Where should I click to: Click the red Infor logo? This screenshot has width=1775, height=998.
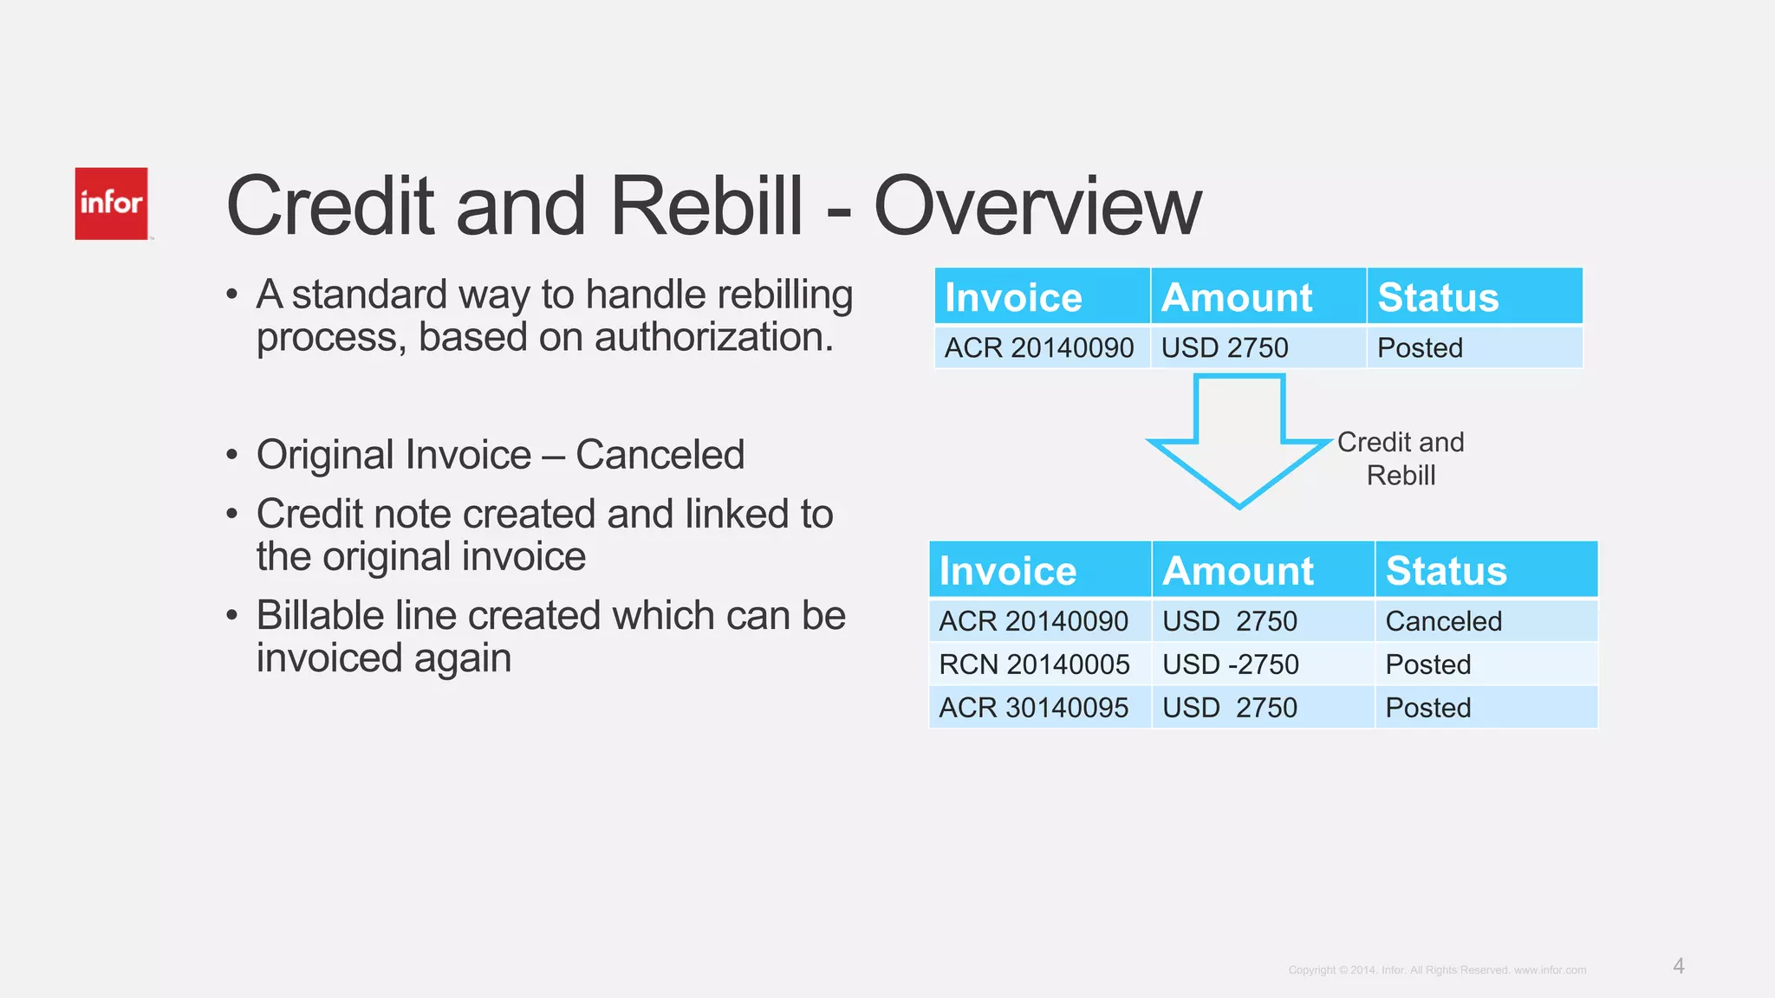pyautogui.click(x=111, y=204)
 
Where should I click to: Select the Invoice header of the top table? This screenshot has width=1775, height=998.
pyautogui.click(x=1013, y=297)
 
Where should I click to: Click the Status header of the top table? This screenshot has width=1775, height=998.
pyautogui.click(x=1438, y=297)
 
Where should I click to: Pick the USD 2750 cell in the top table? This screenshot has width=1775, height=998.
pyautogui.click(x=1225, y=347)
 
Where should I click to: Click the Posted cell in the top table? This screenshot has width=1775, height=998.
pyautogui.click(x=1420, y=347)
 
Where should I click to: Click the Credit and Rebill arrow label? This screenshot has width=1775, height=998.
pyautogui.click(x=1401, y=458)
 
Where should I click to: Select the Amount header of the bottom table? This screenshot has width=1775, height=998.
pyautogui.click(x=1238, y=571)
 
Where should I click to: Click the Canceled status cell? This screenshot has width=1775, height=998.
pyautogui.click(x=1443, y=621)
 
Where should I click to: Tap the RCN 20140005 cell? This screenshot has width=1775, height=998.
pyautogui.click(x=1034, y=664)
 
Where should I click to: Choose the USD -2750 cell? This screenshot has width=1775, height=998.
pyautogui.click(x=1230, y=664)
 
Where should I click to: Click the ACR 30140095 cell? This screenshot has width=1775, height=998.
pyautogui.click(x=1033, y=708)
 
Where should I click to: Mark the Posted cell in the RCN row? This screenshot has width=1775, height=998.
pyautogui.click(x=1427, y=664)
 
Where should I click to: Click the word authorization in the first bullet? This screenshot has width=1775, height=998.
pyautogui.click(x=713, y=337)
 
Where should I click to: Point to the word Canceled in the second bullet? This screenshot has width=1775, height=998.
pyautogui.click(x=660, y=455)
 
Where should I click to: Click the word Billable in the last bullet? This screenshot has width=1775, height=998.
pyautogui.click(x=320, y=616)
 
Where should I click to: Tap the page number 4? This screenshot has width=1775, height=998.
pyautogui.click(x=1679, y=966)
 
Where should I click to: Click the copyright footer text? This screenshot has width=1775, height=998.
pyautogui.click(x=1437, y=970)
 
